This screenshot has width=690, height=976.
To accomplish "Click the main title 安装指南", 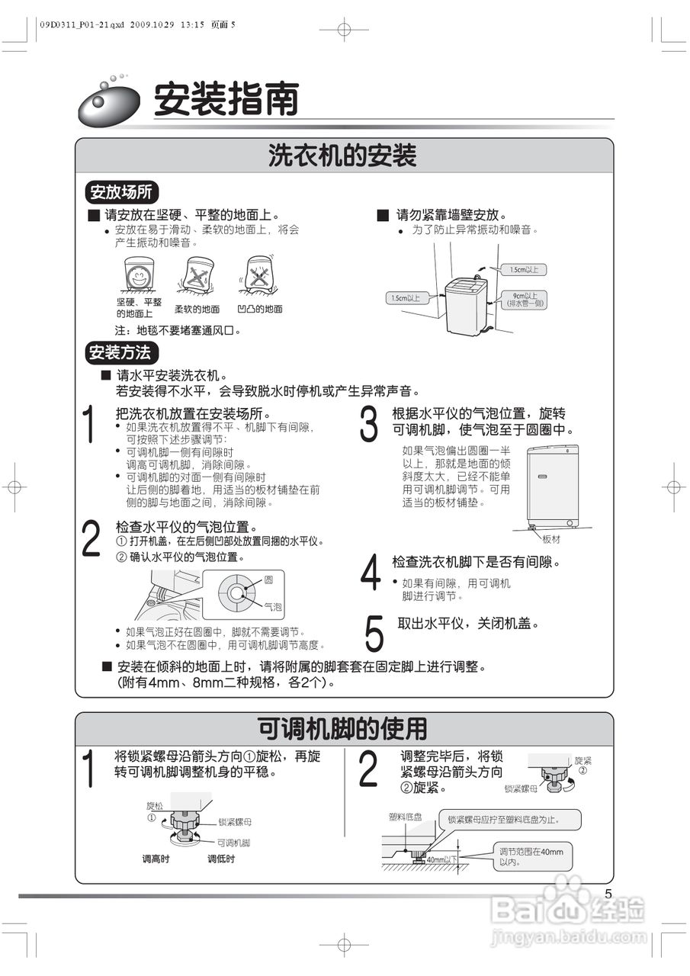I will point(226,100).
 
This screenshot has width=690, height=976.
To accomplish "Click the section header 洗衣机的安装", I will point(342,156).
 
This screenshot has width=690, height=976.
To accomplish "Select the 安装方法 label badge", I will point(120,352).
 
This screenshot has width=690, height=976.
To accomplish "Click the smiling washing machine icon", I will point(139,275).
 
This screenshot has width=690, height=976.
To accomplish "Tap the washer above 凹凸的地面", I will point(260,274).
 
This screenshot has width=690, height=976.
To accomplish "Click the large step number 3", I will point(369,425).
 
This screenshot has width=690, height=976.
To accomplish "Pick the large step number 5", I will point(374,632).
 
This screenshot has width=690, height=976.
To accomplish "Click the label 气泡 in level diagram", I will point(273,607).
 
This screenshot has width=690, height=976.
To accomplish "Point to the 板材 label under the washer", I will point(551,538).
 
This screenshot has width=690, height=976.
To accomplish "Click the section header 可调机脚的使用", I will point(342,729).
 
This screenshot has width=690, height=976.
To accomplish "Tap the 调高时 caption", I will point(156,859).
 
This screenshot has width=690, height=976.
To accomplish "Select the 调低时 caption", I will point(221,859).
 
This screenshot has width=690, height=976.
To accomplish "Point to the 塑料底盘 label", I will point(400,817).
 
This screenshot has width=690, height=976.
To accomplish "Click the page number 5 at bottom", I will point(608,894).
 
